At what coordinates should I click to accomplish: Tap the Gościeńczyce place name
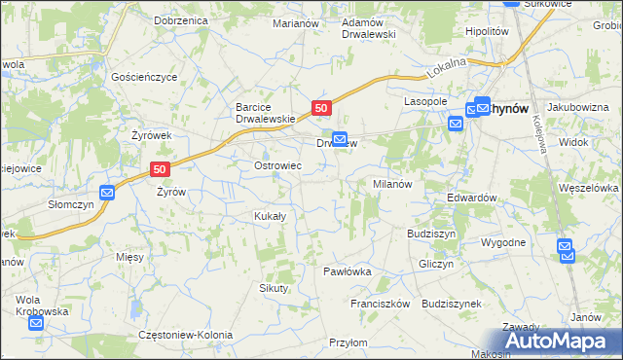143,75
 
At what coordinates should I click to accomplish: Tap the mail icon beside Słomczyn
107,193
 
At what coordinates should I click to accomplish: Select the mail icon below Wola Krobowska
38,324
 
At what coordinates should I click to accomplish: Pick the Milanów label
393,183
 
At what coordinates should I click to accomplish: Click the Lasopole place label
425,101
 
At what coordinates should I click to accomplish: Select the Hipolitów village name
488,31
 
